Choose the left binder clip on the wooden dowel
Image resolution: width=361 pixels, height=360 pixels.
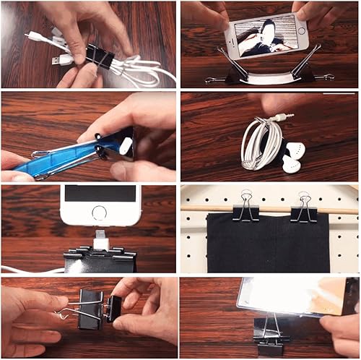(245, 207)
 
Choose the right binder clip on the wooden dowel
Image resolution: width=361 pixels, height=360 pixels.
(302, 207)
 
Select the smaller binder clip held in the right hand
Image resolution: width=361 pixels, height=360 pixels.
(113, 308)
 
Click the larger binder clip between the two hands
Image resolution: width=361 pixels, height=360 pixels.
(91, 307)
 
